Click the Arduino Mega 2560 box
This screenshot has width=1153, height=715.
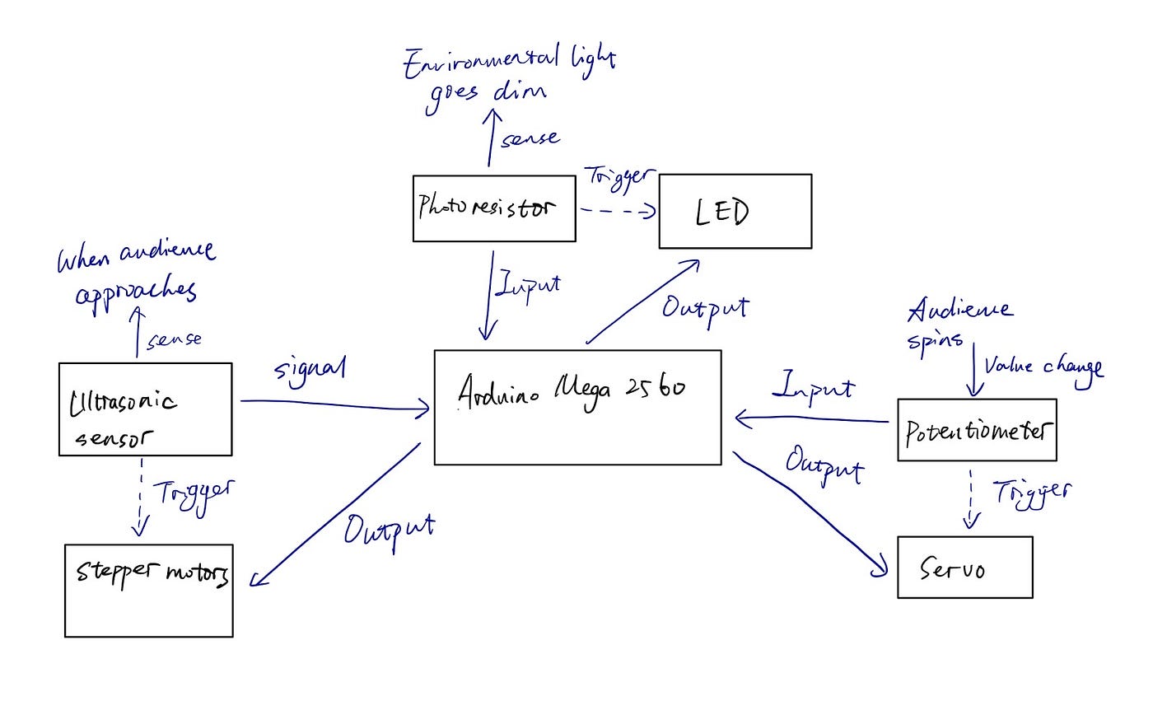pos(577,407)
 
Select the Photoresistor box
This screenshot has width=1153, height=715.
pos(493,208)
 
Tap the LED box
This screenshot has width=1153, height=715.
pos(735,211)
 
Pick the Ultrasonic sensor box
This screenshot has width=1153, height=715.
pos(145,409)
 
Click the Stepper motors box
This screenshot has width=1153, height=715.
pos(148,590)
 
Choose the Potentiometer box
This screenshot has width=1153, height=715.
pos(976,429)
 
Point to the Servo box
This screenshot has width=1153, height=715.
pos(964,567)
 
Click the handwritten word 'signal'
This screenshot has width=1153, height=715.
pos(309,368)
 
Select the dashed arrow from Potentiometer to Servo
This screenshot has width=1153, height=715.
pos(973,498)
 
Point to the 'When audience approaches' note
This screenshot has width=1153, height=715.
pos(136,273)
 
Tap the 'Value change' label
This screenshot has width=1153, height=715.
pos(1043,367)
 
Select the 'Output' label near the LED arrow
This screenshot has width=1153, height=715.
pos(705,309)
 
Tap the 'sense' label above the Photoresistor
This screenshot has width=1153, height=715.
pos(530,139)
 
